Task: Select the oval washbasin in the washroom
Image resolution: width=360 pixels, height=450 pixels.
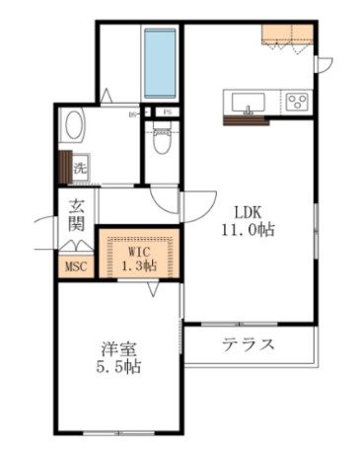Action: [75, 127]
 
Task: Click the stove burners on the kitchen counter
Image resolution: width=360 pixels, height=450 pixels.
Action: [298, 100]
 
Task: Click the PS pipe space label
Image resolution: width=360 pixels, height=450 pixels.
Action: [167, 112]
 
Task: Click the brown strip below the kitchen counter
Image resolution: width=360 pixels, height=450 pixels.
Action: [246, 121]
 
